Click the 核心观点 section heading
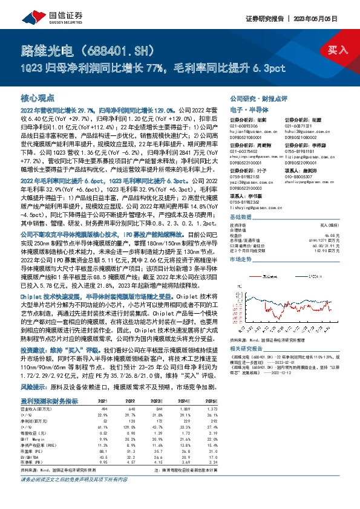[x=38, y=97]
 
